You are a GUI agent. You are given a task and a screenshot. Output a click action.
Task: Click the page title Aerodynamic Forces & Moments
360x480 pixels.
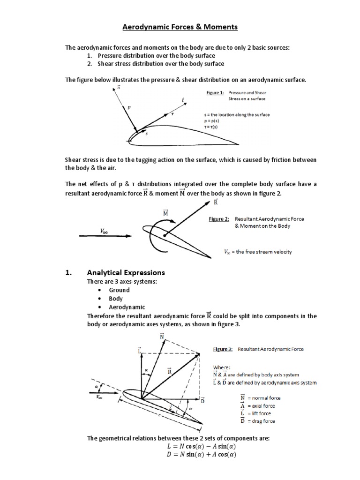tap(180, 27)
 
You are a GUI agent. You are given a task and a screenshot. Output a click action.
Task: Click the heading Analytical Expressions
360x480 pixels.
tap(126, 272)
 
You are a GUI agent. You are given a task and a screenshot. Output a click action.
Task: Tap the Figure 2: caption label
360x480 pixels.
tap(218, 219)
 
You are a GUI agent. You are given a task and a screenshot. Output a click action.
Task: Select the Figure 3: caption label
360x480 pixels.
tap(224, 349)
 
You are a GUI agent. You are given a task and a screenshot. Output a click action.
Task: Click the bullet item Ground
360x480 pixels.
tap(119, 290)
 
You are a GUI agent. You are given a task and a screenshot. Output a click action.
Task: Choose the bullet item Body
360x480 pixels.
tap(116, 299)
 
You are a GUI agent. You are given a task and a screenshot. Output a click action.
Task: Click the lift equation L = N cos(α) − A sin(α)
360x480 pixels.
tap(180, 446)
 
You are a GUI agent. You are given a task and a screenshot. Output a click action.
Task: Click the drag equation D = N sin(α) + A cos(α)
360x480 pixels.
tap(180, 455)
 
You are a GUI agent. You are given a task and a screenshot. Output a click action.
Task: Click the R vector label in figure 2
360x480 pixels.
tap(216, 202)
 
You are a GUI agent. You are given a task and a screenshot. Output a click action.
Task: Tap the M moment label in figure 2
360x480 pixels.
tap(165, 213)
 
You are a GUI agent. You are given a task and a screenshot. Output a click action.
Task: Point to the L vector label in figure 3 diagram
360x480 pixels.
tap(139, 350)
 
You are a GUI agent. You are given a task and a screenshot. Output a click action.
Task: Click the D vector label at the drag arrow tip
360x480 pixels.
tap(202, 401)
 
